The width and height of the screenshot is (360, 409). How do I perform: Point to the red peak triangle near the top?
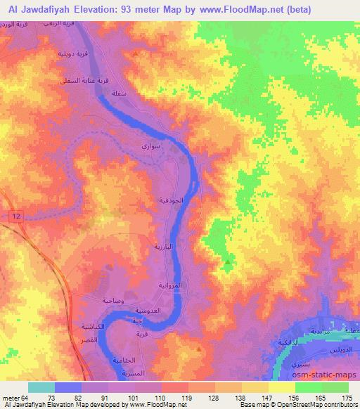tap(135, 53)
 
